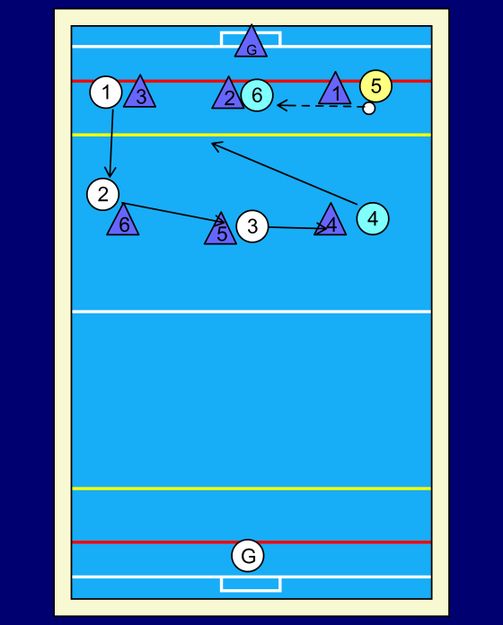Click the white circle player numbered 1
click(106, 92)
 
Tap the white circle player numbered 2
click(102, 195)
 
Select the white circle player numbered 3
click(252, 226)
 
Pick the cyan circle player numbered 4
click(373, 218)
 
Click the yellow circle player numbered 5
click(375, 86)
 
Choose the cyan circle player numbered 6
click(257, 95)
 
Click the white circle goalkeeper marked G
click(248, 555)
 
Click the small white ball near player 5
click(369, 109)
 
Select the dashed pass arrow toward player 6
click(321, 106)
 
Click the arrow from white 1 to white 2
click(111, 143)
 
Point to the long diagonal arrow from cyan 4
click(284, 173)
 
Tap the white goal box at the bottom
click(251, 584)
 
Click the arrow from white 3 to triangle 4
click(298, 227)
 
